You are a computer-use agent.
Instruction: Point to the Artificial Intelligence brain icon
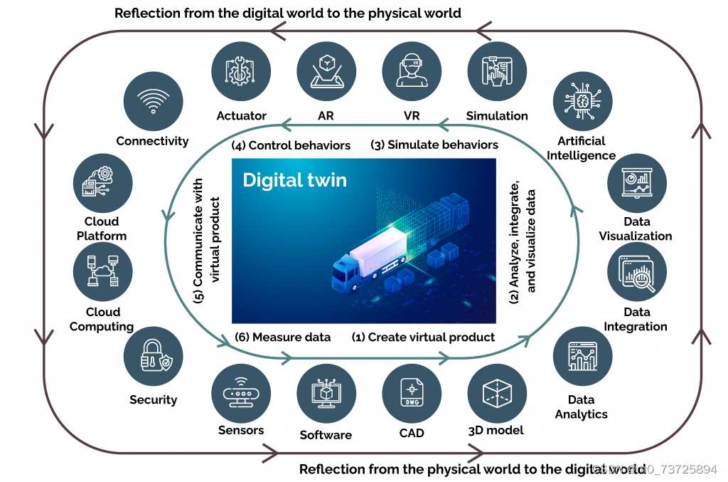tap(582, 100)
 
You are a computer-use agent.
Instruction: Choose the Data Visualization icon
tap(637, 183)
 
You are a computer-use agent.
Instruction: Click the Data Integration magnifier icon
tap(637, 273)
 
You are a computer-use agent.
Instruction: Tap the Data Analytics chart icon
tap(582, 356)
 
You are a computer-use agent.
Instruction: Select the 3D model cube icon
tap(497, 393)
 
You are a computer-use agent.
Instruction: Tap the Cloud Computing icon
tap(103, 273)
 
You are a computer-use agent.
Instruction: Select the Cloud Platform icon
tap(103, 183)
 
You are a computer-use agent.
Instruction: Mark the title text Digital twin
tap(294, 179)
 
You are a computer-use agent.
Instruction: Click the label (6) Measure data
tap(282, 337)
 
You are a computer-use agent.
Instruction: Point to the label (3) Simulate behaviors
tap(434, 145)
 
